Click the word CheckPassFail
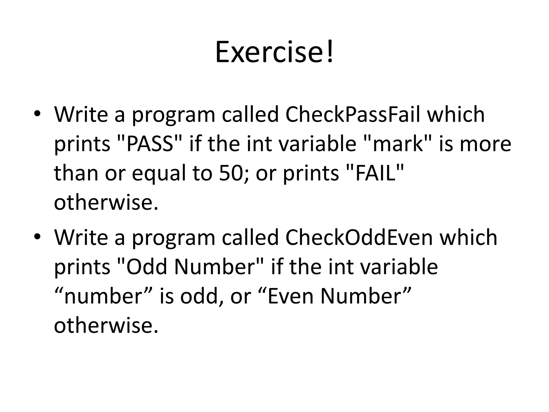(x=353, y=115)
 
